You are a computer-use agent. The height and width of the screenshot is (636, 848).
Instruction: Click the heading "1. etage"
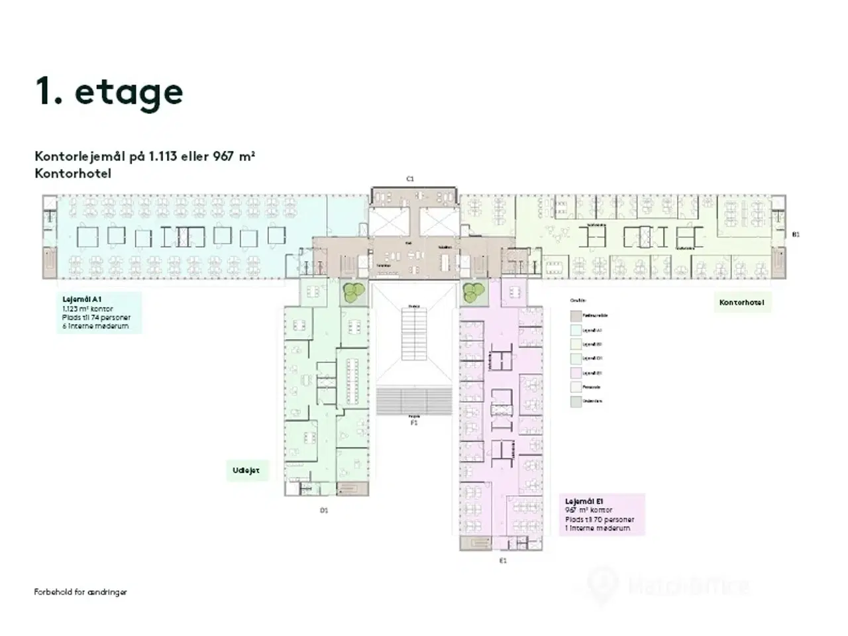pos(109,91)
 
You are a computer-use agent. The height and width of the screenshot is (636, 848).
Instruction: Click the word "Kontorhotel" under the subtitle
pos(73,174)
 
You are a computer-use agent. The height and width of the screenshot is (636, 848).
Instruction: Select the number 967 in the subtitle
pos(225,157)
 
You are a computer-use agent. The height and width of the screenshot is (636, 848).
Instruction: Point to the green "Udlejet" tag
pos(246,471)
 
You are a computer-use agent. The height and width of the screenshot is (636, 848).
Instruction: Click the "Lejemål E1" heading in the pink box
pos(584,502)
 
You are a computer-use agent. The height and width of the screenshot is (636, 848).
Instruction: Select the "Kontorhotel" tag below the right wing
pos(741,303)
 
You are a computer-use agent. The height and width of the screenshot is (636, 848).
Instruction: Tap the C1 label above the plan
pos(410,179)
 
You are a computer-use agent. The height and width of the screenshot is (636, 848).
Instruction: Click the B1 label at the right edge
pos(796,235)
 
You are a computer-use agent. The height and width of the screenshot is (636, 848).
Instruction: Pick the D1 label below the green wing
pos(324,510)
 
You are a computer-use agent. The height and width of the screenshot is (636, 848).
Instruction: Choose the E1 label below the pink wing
pos(503,560)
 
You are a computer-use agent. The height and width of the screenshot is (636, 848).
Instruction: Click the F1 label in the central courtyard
pos(414,421)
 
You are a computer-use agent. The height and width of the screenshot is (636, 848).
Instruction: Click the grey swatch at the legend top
pos(576,316)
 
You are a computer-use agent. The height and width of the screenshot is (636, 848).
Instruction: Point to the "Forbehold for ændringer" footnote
pos(80,592)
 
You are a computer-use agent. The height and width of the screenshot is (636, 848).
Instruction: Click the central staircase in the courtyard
pos(413,335)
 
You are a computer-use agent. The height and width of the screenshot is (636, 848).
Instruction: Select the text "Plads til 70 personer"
pos(600,520)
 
